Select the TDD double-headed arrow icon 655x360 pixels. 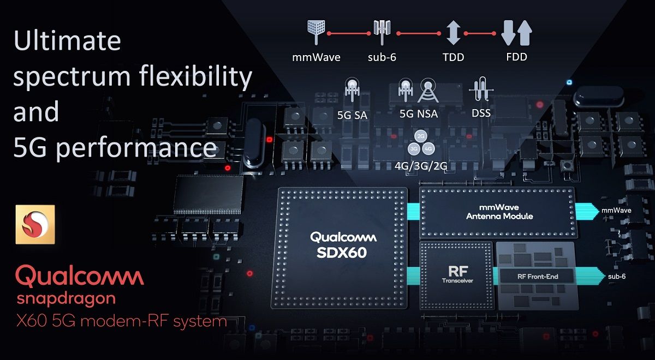pyautogui.click(x=452, y=33)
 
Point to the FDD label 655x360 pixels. pyautogui.click(x=516, y=57)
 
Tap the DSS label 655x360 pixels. pyautogui.click(x=481, y=113)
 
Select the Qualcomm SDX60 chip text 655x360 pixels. pyautogui.click(x=343, y=244)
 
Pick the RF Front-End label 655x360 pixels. pyautogui.click(x=538, y=277)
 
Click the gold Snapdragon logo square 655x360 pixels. pyautogui.click(x=35, y=224)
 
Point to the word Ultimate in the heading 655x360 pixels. pyautogui.click(x=67, y=41)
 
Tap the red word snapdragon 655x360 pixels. pyautogui.click(x=65, y=298)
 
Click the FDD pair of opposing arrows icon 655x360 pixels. pyautogui.click(x=516, y=33)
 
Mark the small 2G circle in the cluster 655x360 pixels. pyautogui.click(x=420, y=136)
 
